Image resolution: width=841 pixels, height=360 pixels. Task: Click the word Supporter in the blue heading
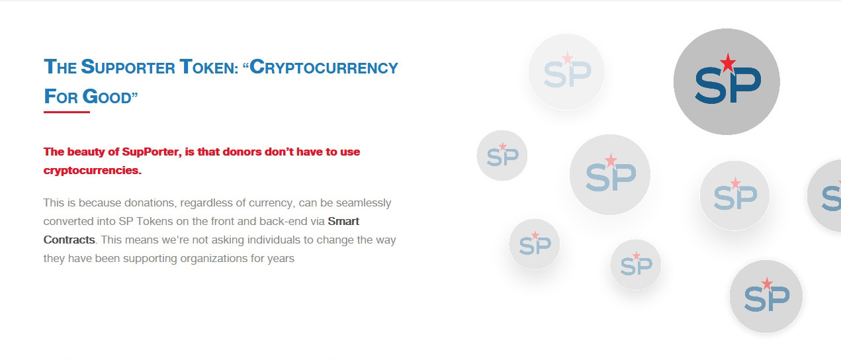point(128,67)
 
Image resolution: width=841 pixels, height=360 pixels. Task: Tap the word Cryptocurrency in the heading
point(324,67)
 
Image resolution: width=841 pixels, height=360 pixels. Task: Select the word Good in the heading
point(107,97)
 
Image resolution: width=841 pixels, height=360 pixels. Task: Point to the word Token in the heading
point(208,67)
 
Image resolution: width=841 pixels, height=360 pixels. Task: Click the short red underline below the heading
point(67,112)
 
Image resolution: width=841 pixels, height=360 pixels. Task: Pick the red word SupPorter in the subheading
point(152,152)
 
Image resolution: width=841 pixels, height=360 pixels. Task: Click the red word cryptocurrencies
point(93,171)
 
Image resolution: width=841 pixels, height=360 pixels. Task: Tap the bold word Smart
point(343,222)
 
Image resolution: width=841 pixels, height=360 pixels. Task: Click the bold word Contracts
point(69,240)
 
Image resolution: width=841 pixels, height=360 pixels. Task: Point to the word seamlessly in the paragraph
point(363,203)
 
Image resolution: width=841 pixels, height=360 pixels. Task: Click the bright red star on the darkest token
point(728,62)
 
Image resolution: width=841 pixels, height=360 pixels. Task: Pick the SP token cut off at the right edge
point(825,196)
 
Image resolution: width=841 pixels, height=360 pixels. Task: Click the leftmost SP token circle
point(502,156)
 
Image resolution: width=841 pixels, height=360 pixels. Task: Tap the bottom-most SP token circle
point(766,296)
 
